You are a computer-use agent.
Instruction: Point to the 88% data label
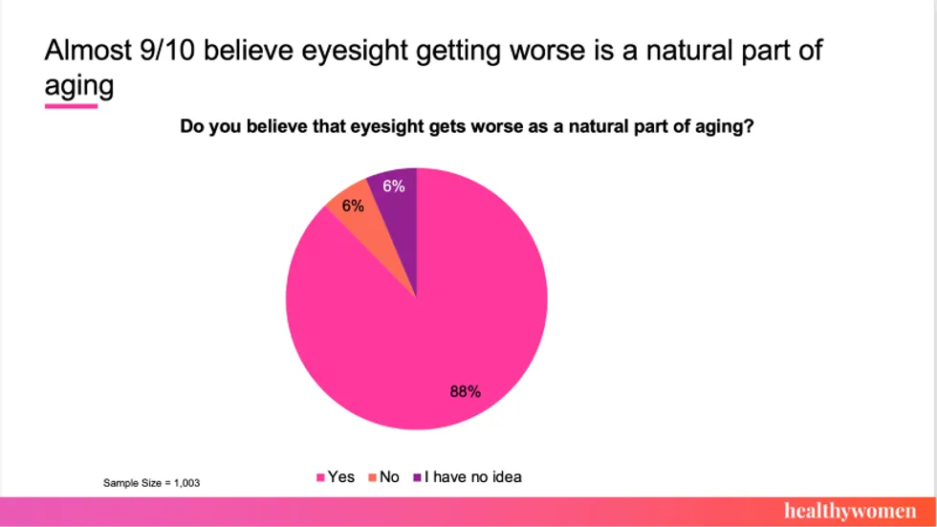[465, 391]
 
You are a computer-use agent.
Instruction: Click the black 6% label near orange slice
[353, 206]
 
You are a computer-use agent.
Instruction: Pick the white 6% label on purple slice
[394, 187]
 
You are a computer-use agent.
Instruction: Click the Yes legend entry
[336, 476]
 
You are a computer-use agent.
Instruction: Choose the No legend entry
[383, 476]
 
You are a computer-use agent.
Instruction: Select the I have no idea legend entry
[468, 476]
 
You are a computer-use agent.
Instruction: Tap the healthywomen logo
[849, 510]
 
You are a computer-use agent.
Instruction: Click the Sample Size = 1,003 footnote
[151, 483]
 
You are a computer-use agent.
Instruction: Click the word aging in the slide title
[78, 87]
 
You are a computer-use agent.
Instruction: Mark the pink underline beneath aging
[71, 105]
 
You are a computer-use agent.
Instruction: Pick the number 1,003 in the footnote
[186, 483]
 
